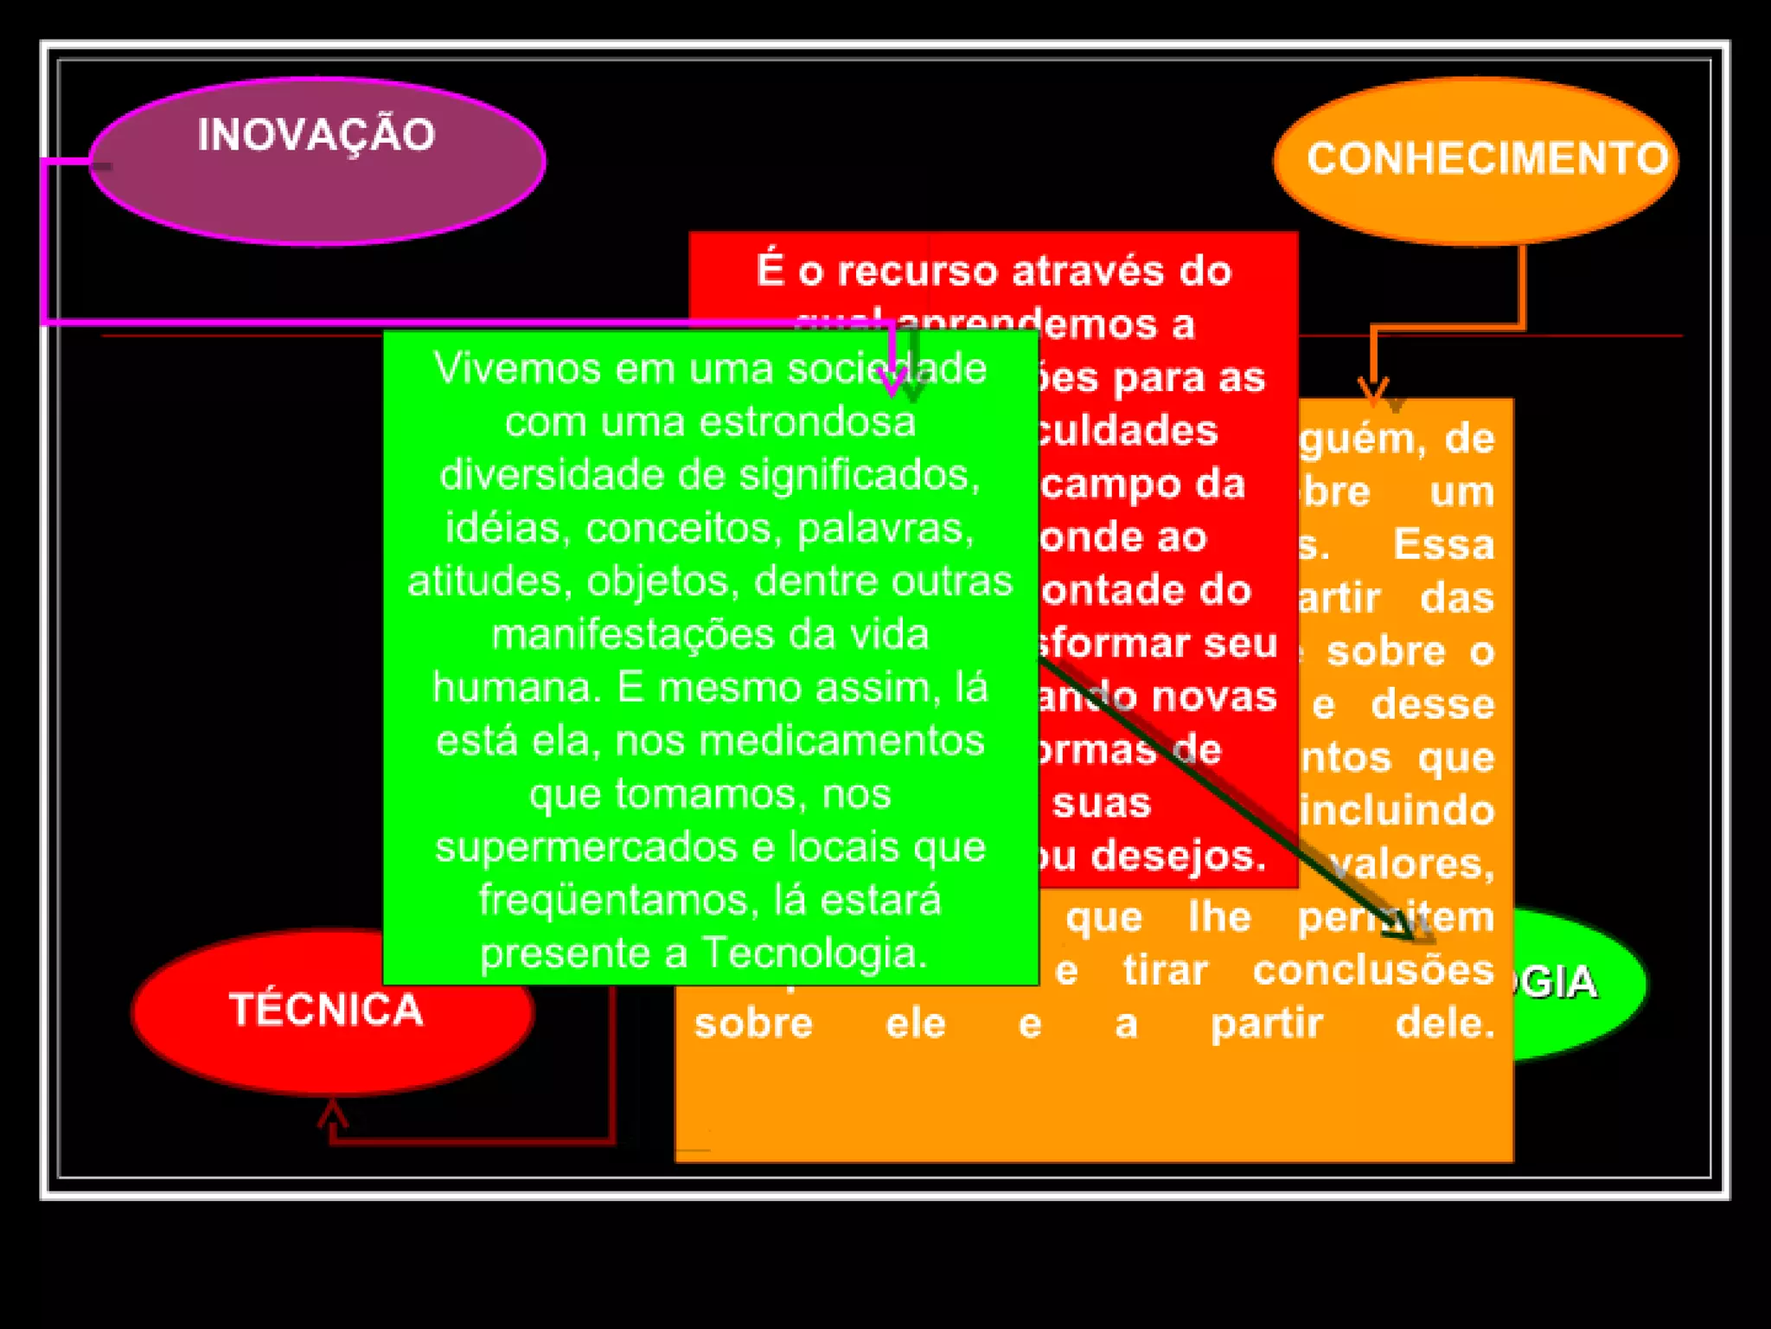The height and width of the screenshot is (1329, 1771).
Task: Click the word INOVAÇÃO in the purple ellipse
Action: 316,135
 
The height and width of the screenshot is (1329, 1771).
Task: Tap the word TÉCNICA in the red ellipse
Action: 326,1010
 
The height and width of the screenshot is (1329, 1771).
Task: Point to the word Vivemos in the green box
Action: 517,369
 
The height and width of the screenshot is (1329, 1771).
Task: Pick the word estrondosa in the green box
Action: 807,422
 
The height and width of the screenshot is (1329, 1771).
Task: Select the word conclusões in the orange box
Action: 1373,971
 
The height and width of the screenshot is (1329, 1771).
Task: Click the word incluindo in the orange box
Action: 1397,811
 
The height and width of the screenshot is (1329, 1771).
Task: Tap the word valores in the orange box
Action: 1411,864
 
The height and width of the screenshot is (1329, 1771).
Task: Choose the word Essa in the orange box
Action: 1443,545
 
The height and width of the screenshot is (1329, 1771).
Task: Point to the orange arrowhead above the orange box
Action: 1373,392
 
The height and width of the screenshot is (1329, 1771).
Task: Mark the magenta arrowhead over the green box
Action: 892,381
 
